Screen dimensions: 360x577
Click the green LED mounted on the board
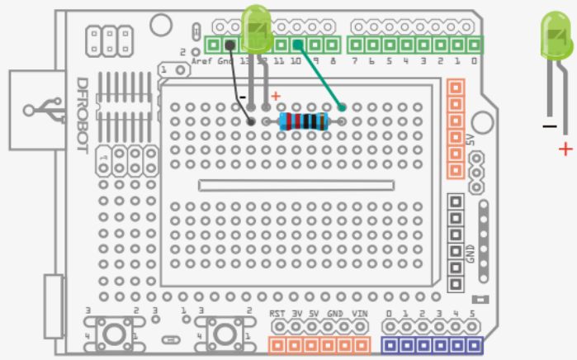click(258, 25)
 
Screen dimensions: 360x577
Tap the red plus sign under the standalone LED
click(565, 149)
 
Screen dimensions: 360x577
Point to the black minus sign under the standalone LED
click(549, 126)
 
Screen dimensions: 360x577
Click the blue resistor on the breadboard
click(303, 122)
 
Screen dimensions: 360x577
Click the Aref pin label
click(202, 62)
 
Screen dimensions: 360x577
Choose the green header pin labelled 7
click(356, 44)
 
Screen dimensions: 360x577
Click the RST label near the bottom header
click(277, 314)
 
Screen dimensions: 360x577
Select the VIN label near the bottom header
click(359, 314)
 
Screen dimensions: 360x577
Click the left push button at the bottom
click(111, 334)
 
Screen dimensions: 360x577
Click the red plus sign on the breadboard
click(276, 97)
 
